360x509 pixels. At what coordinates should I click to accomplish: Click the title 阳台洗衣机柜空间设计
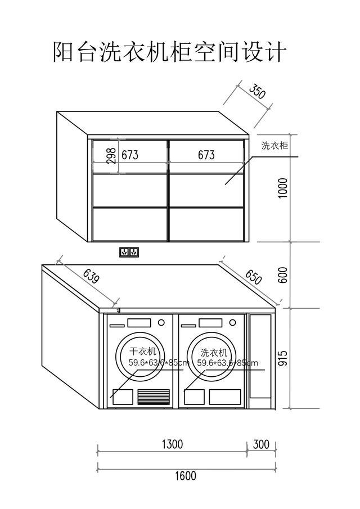pyautogui.click(x=169, y=52)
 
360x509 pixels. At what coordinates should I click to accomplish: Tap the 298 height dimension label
pyautogui.click(x=111, y=156)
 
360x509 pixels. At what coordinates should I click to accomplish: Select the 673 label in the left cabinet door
pyautogui.click(x=130, y=155)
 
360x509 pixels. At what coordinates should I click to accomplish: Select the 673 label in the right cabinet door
pyautogui.click(x=206, y=155)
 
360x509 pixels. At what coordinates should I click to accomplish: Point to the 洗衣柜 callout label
pyautogui.click(x=275, y=146)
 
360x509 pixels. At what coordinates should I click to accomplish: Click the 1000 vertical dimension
pyautogui.click(x=283, y=188)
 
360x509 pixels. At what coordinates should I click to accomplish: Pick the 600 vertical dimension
pyautogui.click(x=283, y=275)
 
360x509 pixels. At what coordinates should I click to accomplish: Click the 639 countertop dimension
pyautogui.click(x=91, y=277)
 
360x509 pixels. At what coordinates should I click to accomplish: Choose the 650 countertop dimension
pyautogui.click(x=253, y=277)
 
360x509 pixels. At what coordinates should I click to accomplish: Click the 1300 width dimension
pyautogui.click(x=172, y=444)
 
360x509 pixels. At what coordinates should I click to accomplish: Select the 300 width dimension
pyautogui.click(x=262, y=444)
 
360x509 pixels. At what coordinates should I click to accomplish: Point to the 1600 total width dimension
pyautogui.click(x=186, y=476)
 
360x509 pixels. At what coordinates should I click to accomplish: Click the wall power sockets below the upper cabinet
pyautogui.click(x=129, y=252)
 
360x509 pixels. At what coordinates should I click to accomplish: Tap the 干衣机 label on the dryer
pyautogui.click(x=142, y=351)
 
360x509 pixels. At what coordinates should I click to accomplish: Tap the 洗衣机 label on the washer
pyautogui.click(x=214, y=352)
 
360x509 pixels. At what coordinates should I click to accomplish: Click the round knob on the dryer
pyautogui.click(x=161, y=323)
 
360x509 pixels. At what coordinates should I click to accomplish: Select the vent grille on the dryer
pyautogui.click(x=154, y=397)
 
